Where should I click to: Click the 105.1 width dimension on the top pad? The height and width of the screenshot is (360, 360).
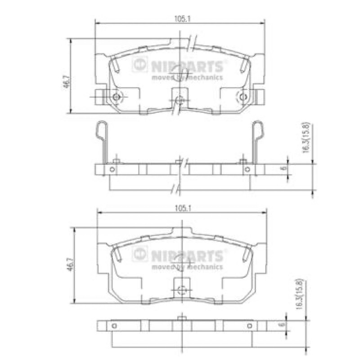pyautogui.click(x=183, y=19)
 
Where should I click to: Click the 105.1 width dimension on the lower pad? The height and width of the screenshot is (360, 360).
pyautogui.click(x=183, y=208)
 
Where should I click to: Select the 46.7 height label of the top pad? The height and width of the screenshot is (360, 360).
pyautogui.click(x=67, y=82)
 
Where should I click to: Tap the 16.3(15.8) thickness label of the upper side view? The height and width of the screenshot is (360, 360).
pyautogui.click(x=306, y=138)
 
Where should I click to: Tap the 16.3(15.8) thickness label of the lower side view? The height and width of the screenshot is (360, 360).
pyautogui.click(x=300, y=294)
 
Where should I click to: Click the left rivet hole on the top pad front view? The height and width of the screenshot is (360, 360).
pyautogui.click(x=117, y=97)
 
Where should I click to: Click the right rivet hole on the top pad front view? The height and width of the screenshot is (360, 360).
pyautogui.click(x=243, y=97)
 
